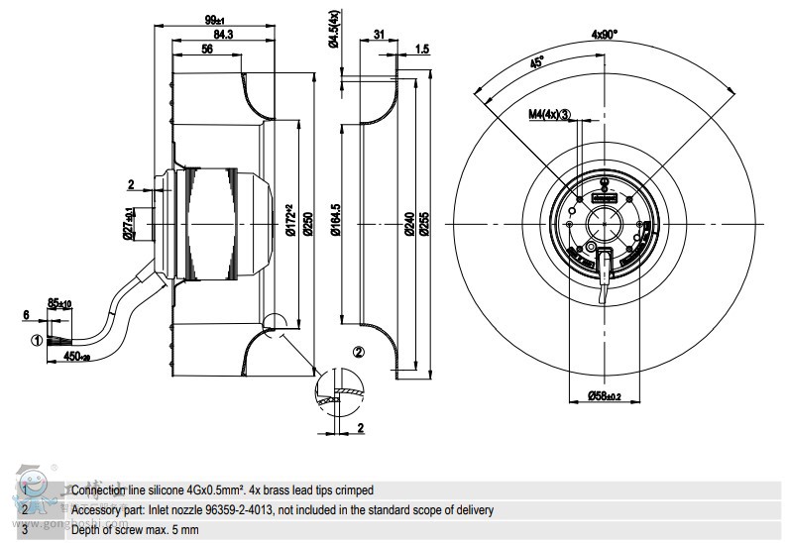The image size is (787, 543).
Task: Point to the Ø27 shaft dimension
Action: click(x=128, y=224)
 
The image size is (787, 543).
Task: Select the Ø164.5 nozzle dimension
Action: click(x=335, y=220)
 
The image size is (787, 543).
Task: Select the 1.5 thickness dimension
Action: click(x=422, y=49)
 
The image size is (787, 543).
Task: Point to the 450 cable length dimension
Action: click(x=74, y=356)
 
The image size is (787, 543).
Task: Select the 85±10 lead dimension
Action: click(x=59, y=303)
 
